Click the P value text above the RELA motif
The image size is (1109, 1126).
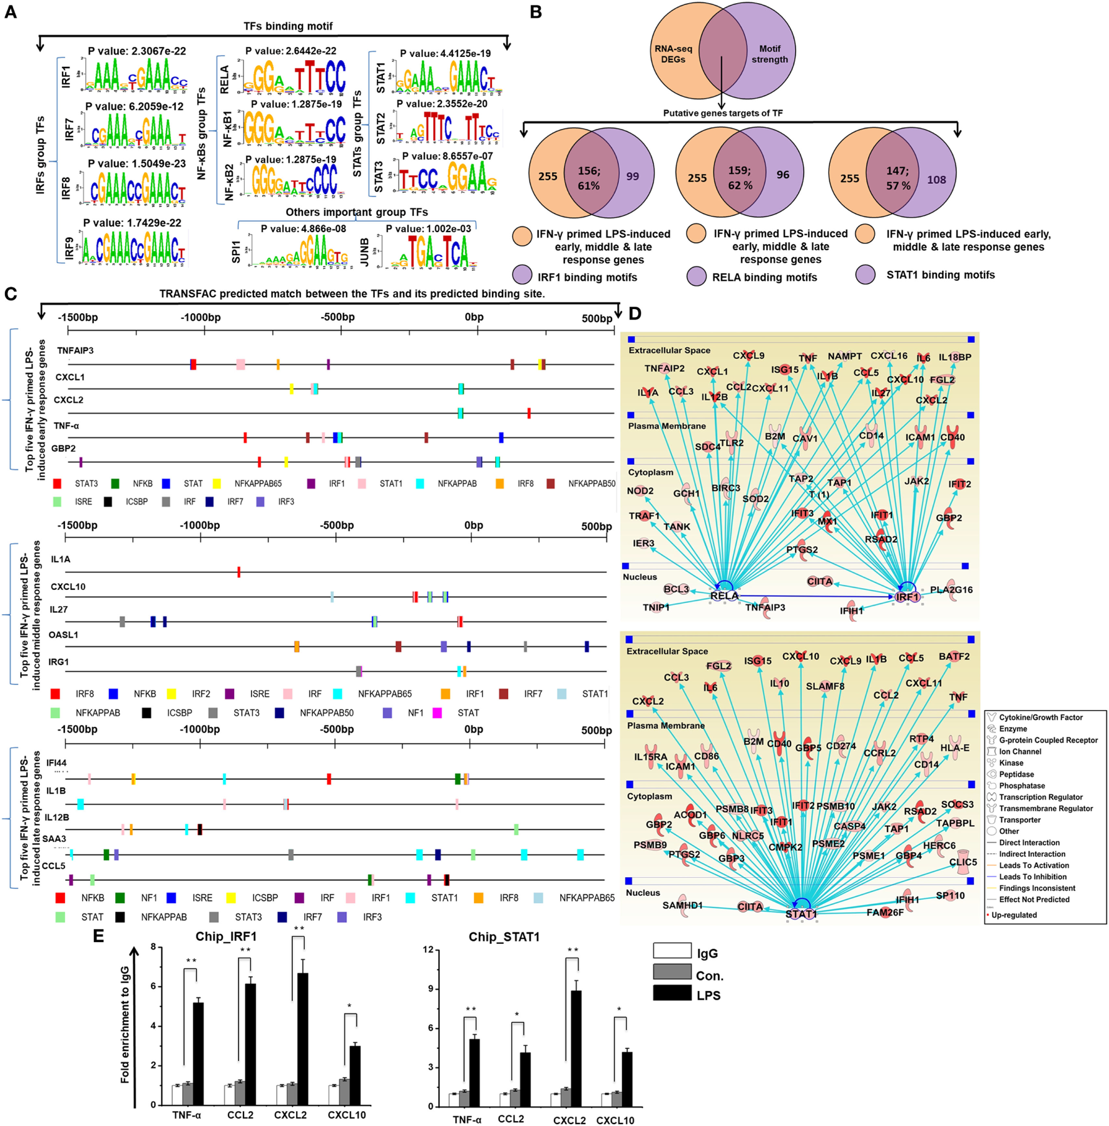[x=290, y=51]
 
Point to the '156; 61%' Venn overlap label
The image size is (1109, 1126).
[x=588, y=178]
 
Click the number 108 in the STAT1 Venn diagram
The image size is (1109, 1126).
[x=936, y=180]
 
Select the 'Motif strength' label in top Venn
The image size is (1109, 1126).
[x=769, y=54]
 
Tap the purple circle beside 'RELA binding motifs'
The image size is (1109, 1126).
[x=697, y=276]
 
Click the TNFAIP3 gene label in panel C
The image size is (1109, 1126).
[x=75, y=350]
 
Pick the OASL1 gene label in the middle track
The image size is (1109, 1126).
[x=63, y=635]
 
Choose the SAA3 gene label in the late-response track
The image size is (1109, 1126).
[x=54, y=838]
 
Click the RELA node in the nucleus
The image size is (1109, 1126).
[x=724, y=595]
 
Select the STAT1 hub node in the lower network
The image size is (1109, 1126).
[x=801, y=913]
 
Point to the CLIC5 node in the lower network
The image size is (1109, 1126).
[x=963, y=862]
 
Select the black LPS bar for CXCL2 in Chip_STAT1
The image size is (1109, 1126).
[x=576, y=1048]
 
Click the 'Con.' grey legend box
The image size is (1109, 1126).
[x=672, y=971]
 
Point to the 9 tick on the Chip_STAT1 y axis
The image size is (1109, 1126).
[x=428, y=989]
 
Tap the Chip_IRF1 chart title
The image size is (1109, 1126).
[x=226, y=936]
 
